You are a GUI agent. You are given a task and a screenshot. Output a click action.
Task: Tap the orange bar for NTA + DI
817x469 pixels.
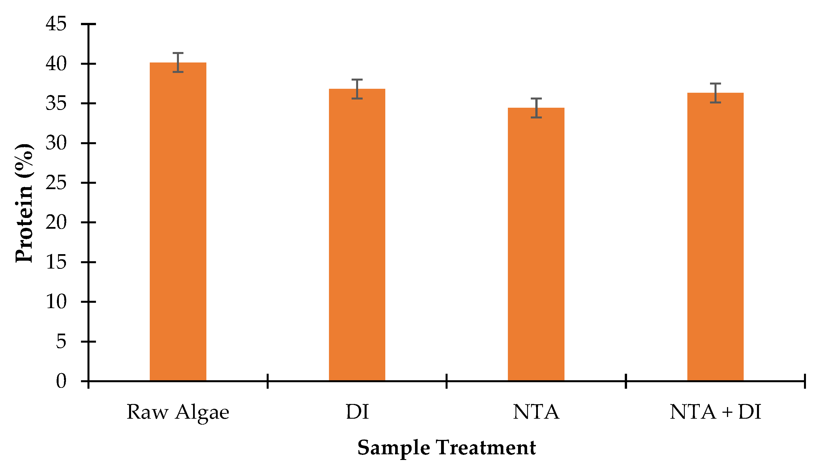pos(715,237)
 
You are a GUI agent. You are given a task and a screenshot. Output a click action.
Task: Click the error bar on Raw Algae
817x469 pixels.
pos(178,62)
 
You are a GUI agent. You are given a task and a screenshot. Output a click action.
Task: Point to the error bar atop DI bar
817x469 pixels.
pos(357,89)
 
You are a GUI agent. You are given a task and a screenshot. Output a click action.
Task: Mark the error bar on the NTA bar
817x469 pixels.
pos(536,108)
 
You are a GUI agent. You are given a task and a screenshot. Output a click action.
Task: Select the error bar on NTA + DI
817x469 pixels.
pos(715,93)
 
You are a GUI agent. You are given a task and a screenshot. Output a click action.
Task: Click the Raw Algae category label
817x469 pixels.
pos(178,412)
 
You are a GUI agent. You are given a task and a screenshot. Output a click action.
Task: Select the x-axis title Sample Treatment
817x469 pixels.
pos(446,448)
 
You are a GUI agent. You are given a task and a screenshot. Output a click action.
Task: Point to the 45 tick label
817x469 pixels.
pos(56,24)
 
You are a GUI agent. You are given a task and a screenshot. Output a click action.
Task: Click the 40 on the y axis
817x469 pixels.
pos(56,64)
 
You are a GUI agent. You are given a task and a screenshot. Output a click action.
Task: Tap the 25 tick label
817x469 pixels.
pos(56,183)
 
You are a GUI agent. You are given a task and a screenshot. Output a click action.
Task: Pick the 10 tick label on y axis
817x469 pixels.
pos(56,302)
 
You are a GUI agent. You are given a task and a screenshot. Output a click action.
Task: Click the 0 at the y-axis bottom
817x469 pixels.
pos(61,381)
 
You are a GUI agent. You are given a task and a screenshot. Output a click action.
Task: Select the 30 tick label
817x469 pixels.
pos(56,143)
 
